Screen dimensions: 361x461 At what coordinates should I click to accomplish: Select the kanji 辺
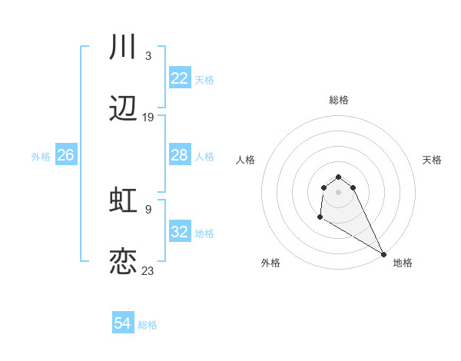tap(123, 110)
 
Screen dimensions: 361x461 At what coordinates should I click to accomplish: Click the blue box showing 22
tap(179, 78)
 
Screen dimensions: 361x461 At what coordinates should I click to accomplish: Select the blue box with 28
tap(179, 155)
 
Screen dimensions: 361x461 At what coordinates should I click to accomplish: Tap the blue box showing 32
tap(179, 232)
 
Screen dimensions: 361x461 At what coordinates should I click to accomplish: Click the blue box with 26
tap(65, 155)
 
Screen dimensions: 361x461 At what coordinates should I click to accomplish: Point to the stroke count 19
tap(148, 118)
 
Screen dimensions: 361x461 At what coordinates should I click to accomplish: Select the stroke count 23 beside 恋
tap(148, 270)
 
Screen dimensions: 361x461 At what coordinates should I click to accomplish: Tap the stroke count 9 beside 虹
tap(148, 209)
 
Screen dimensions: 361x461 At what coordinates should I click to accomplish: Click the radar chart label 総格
tap(338, 100)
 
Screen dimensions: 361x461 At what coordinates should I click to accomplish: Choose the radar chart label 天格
tap(432, 160)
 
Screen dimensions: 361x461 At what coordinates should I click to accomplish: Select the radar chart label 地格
tap(403, 263)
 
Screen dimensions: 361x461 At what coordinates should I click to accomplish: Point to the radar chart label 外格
tap(270, 263)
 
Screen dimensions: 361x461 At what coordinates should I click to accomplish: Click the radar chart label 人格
tap(245, 160)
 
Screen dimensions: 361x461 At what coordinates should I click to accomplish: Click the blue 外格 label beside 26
tap(41, 156)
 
